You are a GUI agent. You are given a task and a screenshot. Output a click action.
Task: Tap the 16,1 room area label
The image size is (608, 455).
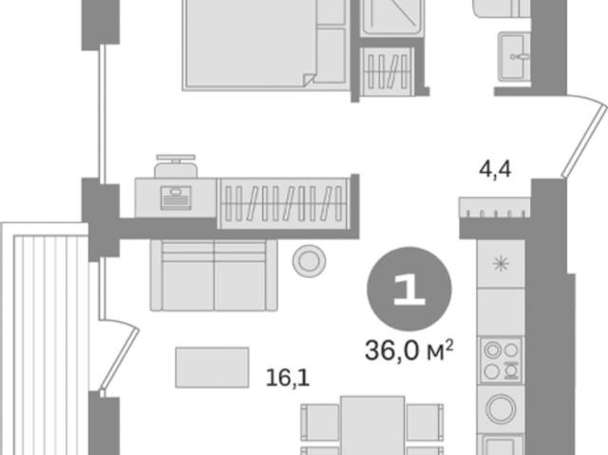[287, 377]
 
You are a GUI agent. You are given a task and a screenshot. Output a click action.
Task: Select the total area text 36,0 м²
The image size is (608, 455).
[408, 350]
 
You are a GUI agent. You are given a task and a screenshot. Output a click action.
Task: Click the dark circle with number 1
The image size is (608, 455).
[409, 289]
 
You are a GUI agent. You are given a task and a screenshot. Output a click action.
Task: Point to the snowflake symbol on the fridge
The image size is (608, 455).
[501, 264]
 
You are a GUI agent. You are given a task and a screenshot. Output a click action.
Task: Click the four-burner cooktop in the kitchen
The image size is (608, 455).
[501, 360]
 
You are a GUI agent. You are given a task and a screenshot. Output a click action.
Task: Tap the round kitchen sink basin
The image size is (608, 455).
[501, 408]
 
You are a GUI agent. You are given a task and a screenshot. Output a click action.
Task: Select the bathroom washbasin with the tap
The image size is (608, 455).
[515, 57]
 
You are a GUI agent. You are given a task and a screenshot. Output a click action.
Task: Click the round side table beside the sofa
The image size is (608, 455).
[309, 261]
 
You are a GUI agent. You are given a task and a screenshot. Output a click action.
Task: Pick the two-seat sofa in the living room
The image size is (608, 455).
[214, 275]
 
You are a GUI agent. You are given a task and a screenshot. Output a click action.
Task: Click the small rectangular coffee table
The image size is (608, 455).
[212, 368]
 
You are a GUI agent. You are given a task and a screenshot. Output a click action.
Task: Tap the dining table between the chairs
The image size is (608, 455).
[372, 426]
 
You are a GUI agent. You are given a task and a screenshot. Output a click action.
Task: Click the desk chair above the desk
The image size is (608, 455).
[176, 166]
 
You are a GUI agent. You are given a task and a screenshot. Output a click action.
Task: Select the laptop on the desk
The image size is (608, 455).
[176, 198]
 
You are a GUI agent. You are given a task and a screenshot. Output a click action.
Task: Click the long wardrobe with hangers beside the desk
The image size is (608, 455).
[284, 203]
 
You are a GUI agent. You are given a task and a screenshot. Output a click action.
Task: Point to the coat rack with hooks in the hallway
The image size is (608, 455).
[495, 207]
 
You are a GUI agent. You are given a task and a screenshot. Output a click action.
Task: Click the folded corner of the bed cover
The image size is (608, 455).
[309, 80]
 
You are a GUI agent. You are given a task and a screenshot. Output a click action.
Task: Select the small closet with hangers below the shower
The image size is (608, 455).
[387, 71]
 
